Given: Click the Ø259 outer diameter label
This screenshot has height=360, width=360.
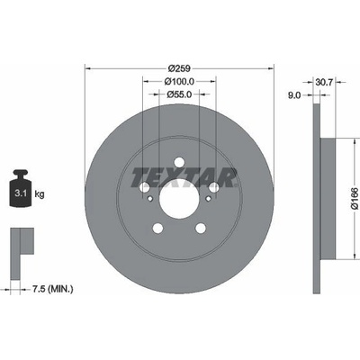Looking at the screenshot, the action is click(179, 68).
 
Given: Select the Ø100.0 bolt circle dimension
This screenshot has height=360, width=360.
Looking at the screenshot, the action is click(179, 81).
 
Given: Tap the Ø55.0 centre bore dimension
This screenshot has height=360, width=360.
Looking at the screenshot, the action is click(179, 94).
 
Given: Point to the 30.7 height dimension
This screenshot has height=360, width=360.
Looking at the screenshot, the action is click(324, 82).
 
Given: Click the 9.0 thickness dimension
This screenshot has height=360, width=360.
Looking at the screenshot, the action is click(294, 95).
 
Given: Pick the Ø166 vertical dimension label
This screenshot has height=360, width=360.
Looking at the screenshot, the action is click(355, 199).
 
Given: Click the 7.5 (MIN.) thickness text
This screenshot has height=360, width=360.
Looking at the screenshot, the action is click(52, 289).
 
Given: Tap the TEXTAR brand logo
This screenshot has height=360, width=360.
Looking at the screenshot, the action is click(184, 177).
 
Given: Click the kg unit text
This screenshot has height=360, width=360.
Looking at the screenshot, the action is click(40, 194).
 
